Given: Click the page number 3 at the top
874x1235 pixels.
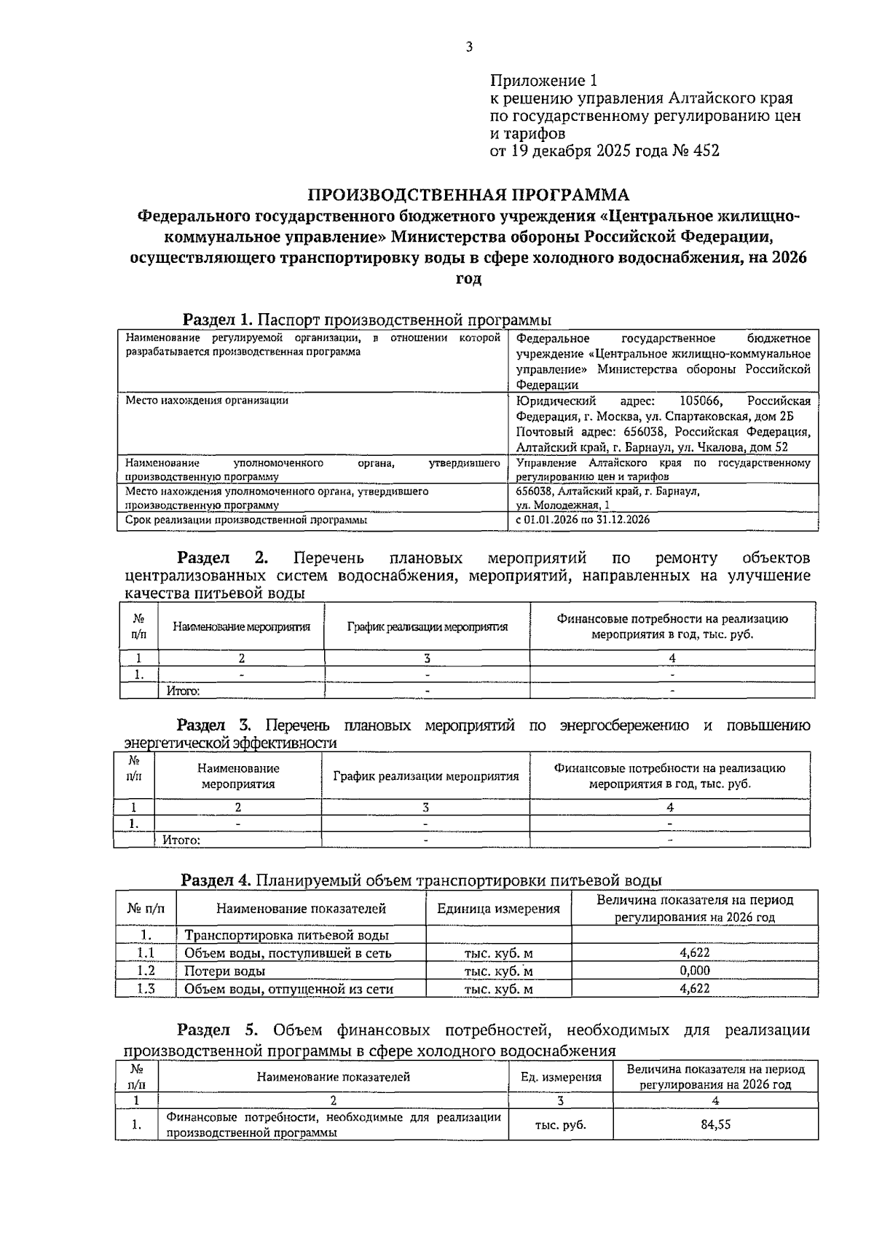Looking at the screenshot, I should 469,48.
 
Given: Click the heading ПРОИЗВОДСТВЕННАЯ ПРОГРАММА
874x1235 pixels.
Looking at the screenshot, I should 468,195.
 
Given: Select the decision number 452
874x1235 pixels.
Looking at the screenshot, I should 706,151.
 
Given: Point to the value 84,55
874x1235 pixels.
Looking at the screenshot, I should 715,1124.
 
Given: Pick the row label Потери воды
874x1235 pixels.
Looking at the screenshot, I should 224,971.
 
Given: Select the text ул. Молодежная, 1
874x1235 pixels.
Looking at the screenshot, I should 563,505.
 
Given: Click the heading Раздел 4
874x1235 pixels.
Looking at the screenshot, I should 216,880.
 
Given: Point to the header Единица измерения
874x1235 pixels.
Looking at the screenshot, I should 498,909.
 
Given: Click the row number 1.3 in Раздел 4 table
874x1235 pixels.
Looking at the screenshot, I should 146,989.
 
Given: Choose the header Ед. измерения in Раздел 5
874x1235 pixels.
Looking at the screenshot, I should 560,1077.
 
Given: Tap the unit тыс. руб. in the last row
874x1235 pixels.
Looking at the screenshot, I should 560,1125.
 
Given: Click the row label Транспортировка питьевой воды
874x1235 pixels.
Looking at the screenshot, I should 286,936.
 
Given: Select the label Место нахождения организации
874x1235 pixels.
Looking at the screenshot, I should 207,401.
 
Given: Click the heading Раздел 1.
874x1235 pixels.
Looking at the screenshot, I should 217,320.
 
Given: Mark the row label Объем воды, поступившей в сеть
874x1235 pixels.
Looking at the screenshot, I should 288,953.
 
